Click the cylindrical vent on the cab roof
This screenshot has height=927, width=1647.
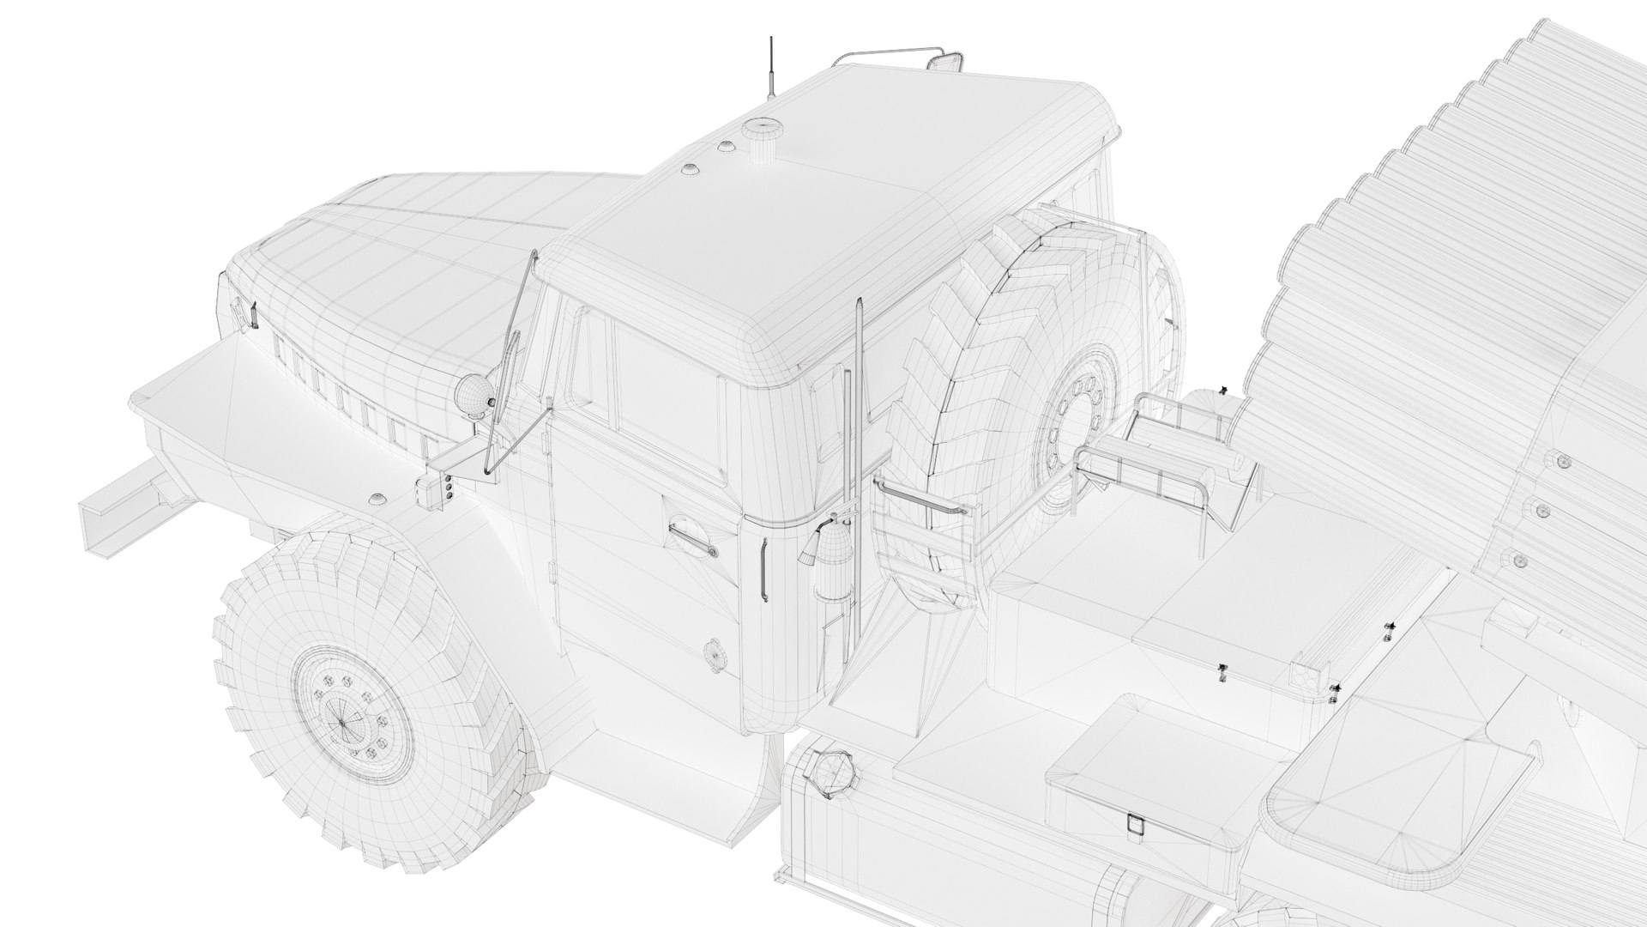click(x=758, y=140)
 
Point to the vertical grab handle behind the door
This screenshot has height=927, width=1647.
click(x=763, y=571)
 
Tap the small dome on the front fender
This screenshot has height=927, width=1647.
click(x=377, y=499)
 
